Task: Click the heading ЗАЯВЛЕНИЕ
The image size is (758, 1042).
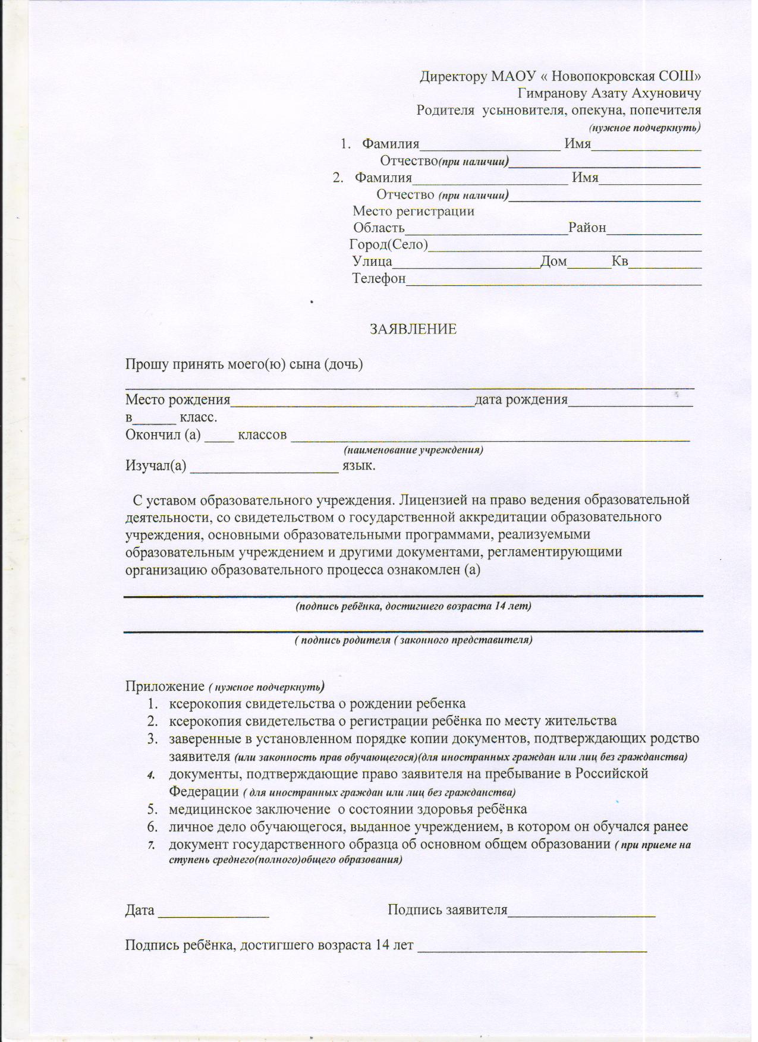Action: coord(413,329)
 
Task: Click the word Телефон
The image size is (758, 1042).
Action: coord(379,278)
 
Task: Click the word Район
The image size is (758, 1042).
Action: coord(587,228)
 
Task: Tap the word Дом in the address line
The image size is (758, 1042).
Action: coord(553,262)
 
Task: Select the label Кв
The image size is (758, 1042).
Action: coord(620,262)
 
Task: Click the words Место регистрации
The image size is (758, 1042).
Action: coord(414,211)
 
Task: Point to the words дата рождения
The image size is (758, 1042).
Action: coord(521,399)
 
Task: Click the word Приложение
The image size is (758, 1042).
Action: coord(165,687)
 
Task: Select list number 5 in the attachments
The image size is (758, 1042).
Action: coord(153,810)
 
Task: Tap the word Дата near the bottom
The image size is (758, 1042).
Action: coord(140,910)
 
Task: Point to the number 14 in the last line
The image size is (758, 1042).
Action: coord(382,946)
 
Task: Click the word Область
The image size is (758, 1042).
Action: coord(379,228)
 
